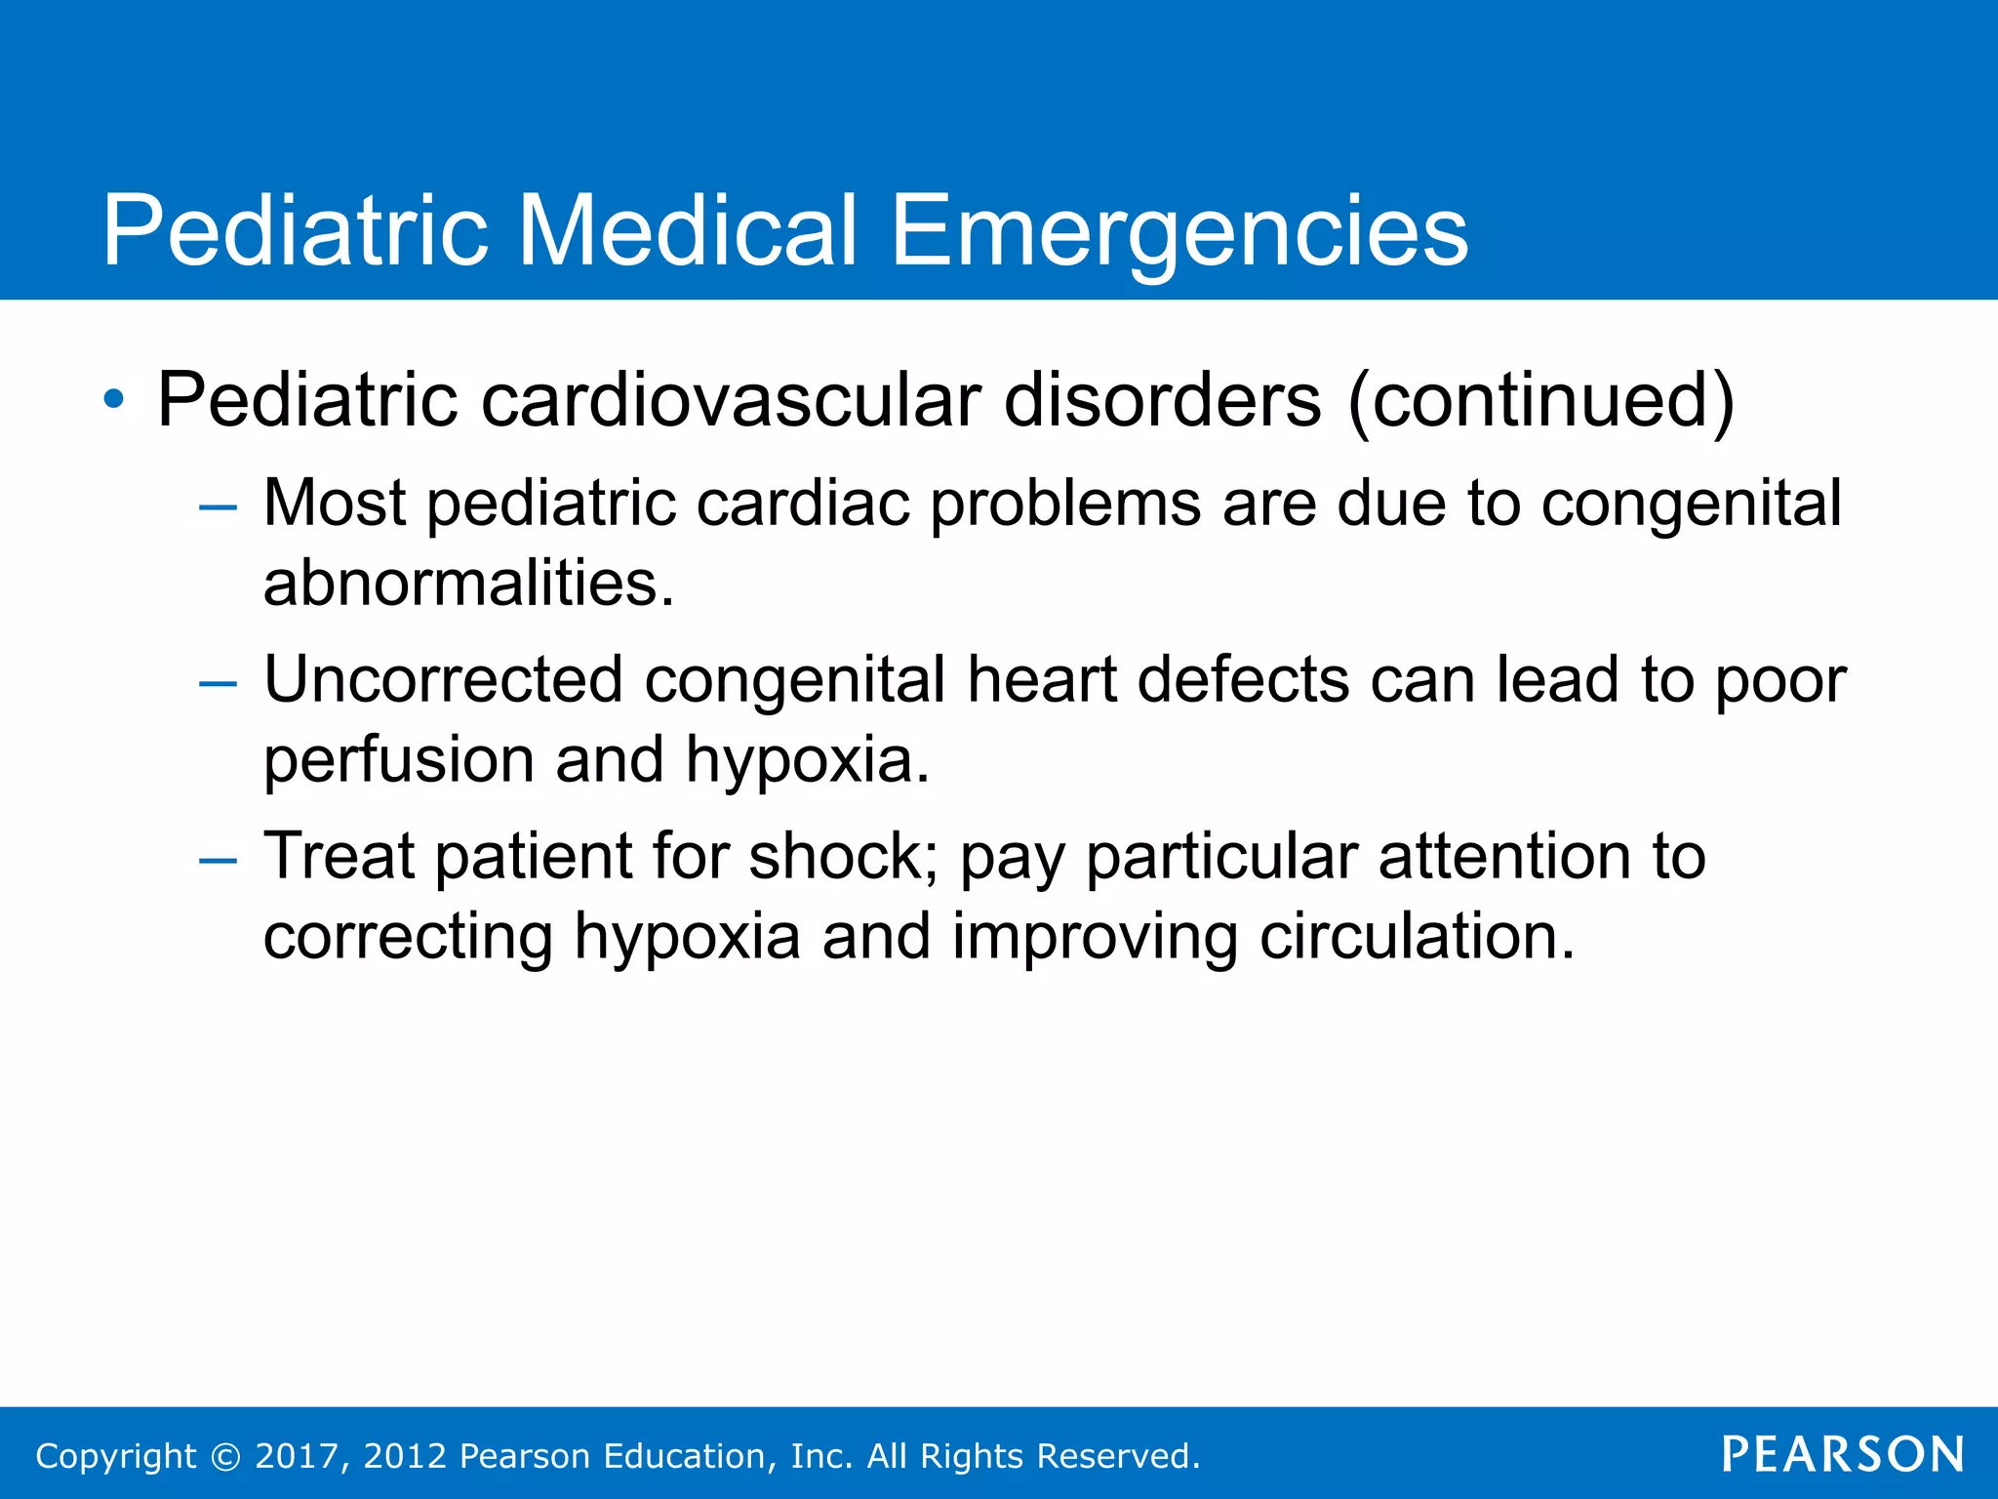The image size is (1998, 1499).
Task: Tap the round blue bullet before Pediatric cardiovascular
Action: pyautogui.click(x=114, y=399)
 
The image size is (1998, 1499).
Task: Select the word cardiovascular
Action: pyautogui.click(x=731, y=399)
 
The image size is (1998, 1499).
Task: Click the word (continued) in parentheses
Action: pyautogui.click(x=1540, y=399)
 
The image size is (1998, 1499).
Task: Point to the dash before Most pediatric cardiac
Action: pyautogui.click(x=217, y=507)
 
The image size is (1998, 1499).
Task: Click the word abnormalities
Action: pyautogui.click(x=467, y=584)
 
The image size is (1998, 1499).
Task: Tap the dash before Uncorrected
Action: pyautogui.click(x=217, y=684)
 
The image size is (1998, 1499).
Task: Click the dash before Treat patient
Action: pyautogui.click(x=217, y=861)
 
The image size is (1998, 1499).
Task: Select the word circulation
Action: pyautogui.click(x=1416, y=936)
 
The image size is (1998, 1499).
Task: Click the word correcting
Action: pyautogui.click(x=408, y=938)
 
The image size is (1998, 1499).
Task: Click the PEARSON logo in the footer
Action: pyautogui.click(x=1843, y=1454)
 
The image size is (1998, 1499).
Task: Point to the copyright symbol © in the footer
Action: pyautogui.click(x=225, y=1456)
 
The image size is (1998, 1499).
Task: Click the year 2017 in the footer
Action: pyautogui.click(x=297, y=1456)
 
